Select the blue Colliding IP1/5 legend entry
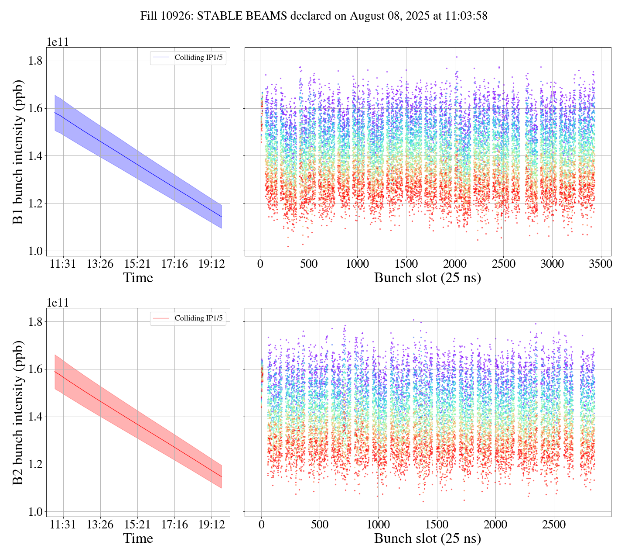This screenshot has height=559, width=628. pos(188,58)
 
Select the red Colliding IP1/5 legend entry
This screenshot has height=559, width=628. pos(188,318)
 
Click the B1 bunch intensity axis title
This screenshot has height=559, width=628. pos(18,152)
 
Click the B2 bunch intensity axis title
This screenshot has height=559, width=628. pos(18,412)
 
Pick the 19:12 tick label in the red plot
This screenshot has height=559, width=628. pos(212,524)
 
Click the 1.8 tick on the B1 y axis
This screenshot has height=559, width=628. pos(35,61)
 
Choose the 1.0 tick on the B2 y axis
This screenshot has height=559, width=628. pos(35,511)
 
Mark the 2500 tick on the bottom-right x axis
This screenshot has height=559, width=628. pos(554,524)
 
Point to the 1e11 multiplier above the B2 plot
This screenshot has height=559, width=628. pos(58,303)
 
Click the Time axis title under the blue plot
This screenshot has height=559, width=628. pos(138,278)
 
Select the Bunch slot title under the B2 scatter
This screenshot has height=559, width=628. pos(427,538)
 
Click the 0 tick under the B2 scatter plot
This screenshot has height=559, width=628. pos(261,524)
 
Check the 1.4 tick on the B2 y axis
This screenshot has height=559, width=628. pos(35,417)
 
